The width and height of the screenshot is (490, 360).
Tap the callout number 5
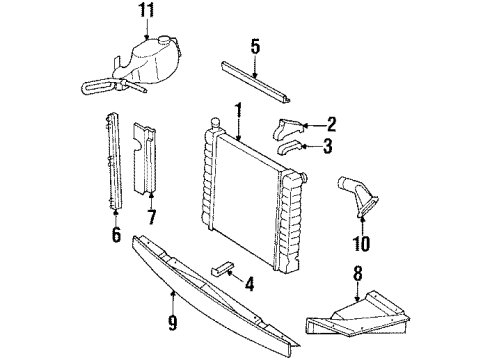[x=255, y=47]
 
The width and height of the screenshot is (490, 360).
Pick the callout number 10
[x=361, y=242]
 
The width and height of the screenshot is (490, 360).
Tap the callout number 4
[x=249, y=283]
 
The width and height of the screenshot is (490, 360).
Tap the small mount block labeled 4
[x=223, y=269]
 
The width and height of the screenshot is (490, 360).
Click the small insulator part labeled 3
[x=291, y=148]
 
